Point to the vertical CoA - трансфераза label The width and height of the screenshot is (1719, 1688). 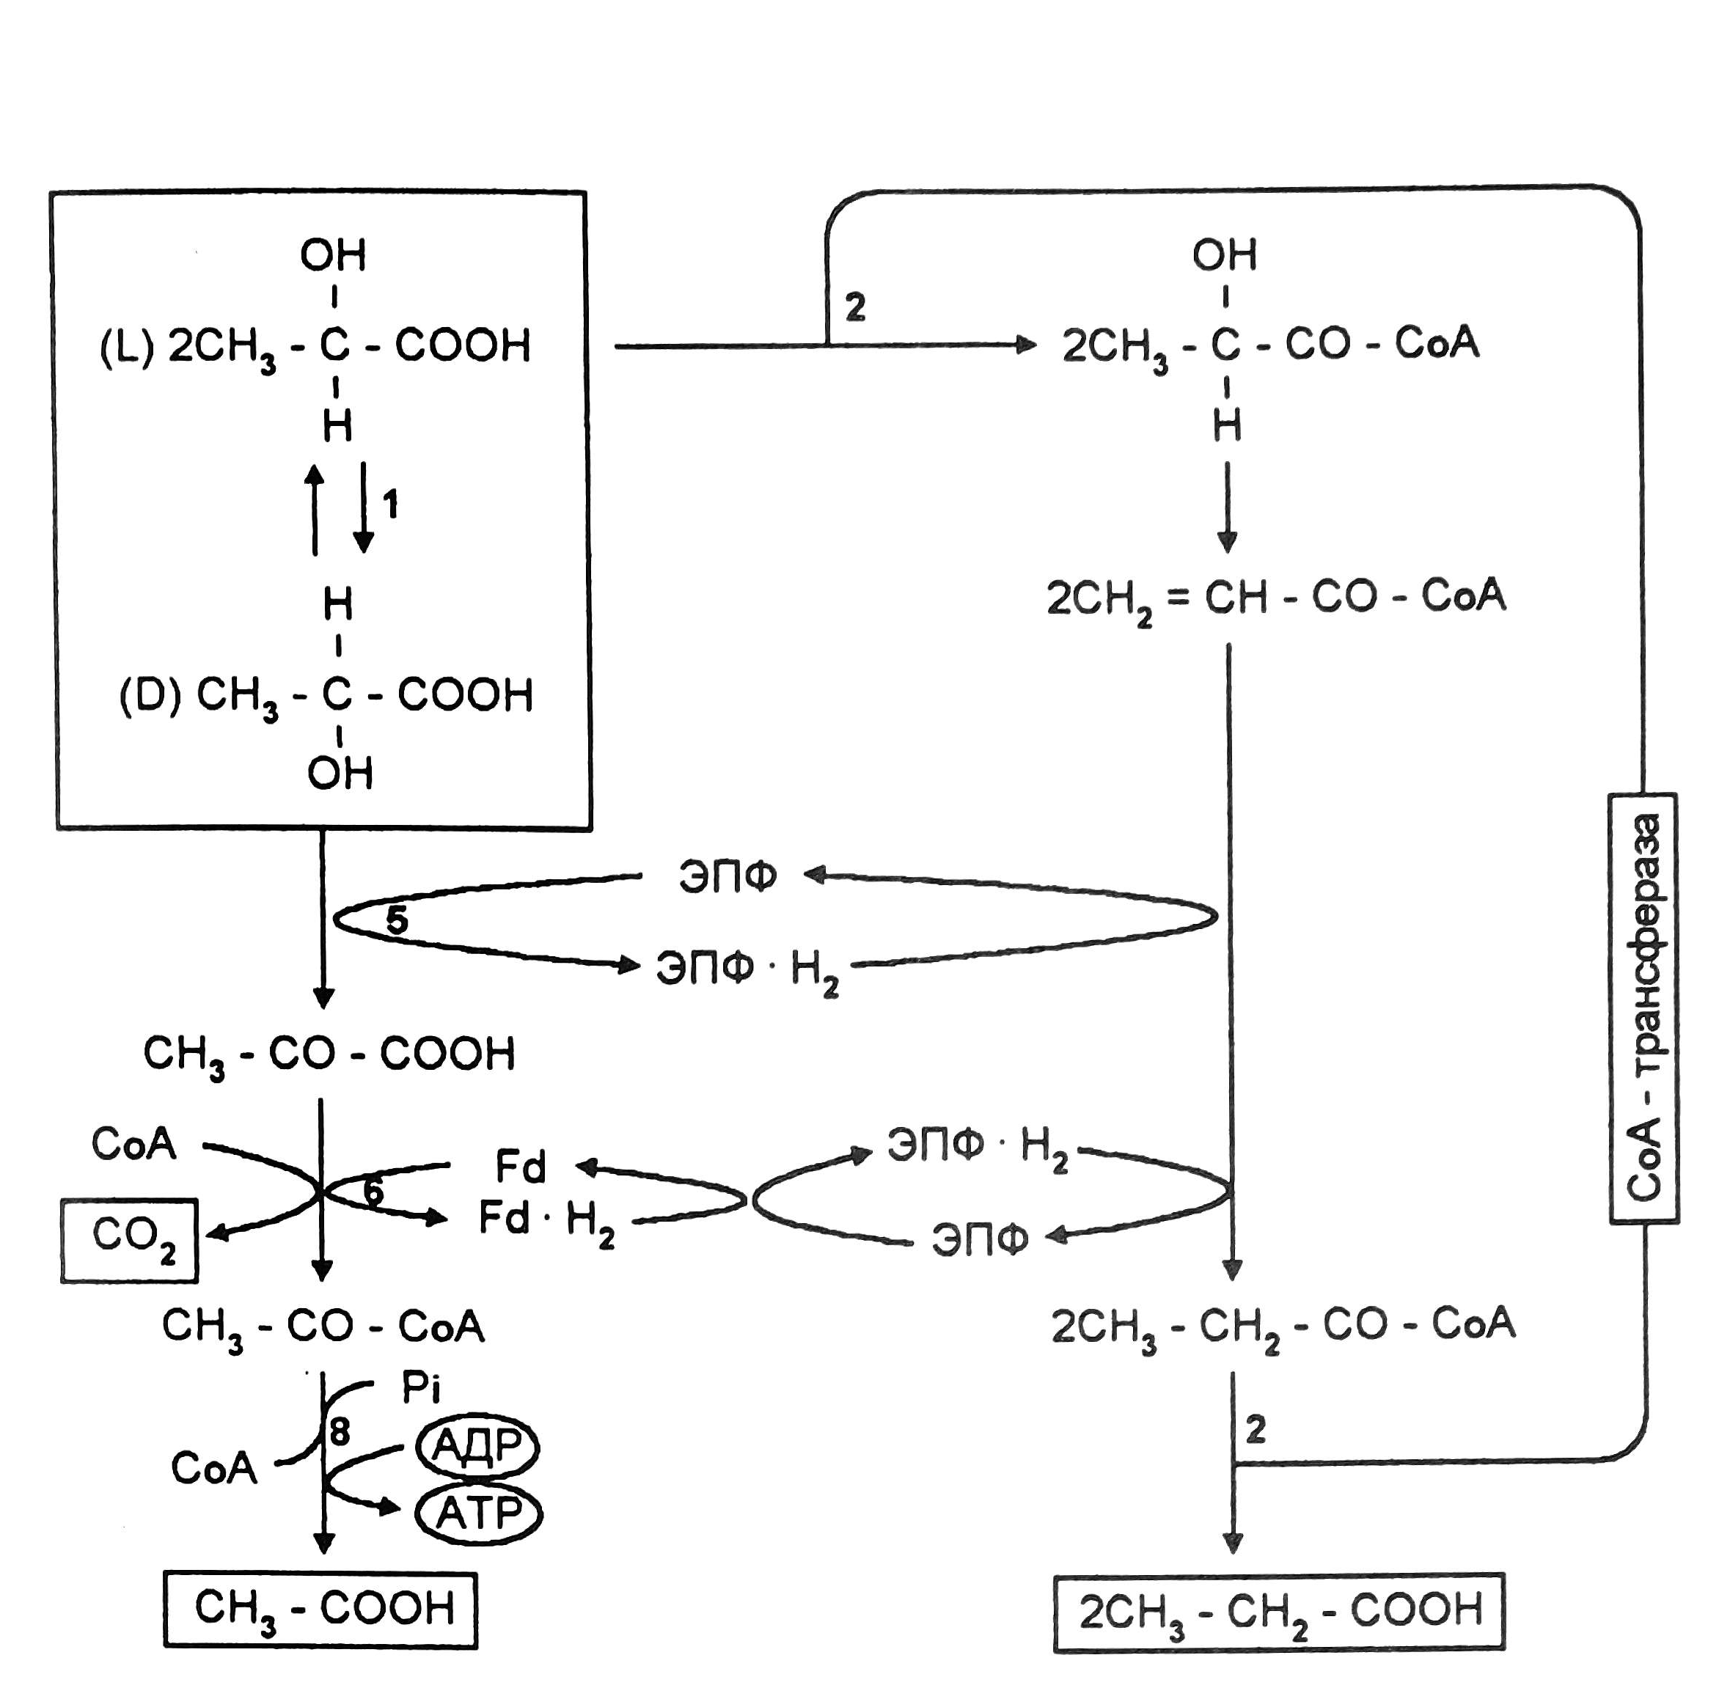1643,1008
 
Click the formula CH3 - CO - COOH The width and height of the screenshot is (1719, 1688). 329,1054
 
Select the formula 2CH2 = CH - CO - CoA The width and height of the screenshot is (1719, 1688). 1276,598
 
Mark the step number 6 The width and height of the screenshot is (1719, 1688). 373,1191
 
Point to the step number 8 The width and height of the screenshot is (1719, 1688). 340,1431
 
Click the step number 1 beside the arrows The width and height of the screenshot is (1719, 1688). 390,504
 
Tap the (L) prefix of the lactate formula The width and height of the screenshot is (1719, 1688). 127,346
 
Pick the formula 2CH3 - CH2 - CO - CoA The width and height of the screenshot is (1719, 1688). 1283,1326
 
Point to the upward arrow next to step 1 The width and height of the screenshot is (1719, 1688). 315,510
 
